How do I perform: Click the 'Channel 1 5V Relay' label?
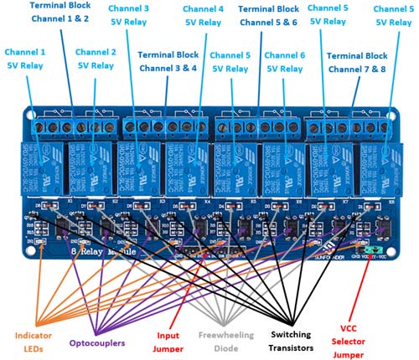pyautogui.click(x=27, y=58)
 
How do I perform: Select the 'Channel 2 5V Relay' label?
pyautogui.click(x=96, y=58)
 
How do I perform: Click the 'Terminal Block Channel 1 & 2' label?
pyautogui.click(x=64, y=11)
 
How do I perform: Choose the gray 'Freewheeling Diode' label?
pyautogui.click(x=224, y=341)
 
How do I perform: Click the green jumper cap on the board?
pyautogui.click(x=371, y=249)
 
